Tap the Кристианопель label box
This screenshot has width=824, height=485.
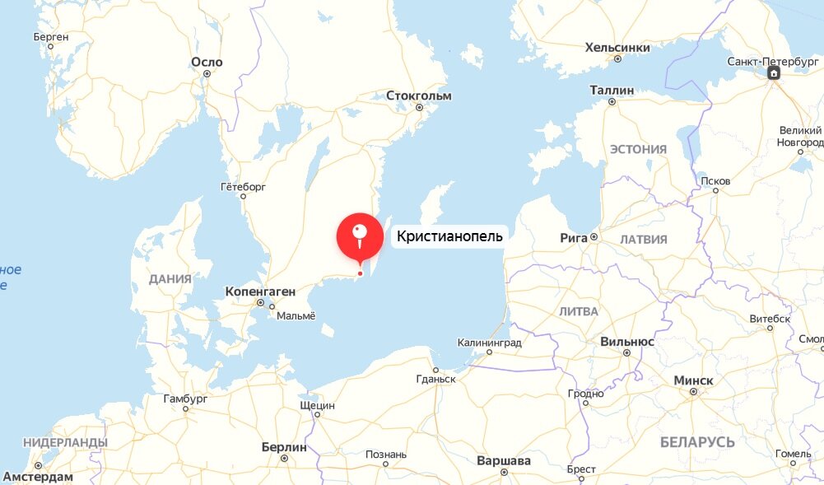[x=448, y=236]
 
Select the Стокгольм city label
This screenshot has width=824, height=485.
[x=419, y=96]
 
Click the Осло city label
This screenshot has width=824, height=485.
[x=207, y=62]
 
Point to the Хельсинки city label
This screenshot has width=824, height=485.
[x=617, y=48]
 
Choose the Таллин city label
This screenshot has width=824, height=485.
[x=612, y=90]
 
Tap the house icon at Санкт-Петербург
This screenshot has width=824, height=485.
[x=774, y=74]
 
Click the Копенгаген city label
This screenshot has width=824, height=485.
[x=260, y=291]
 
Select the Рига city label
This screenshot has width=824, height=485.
[x=574, y=237]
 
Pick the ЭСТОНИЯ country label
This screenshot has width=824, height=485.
[x=638, y=149]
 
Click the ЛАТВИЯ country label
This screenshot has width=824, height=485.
[x=643, y=239]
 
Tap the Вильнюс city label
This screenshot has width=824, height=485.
[x=627, y=341]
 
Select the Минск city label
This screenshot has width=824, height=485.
[x=693, y=380]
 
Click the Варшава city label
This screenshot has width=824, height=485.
[x=504, y=460]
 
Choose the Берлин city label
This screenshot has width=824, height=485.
[x=283, y=447]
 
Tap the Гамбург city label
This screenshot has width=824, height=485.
[x=185, y=399]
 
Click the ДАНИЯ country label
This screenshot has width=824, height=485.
[x=170, y=279]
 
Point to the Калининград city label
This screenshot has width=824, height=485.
[x=491, y=341]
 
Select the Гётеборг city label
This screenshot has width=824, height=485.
[x=243, y=187]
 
